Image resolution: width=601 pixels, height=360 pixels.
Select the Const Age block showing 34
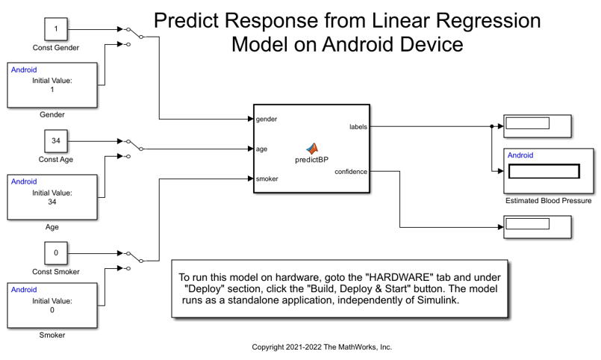coord(56,140)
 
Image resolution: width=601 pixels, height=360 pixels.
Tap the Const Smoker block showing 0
coord(56,252)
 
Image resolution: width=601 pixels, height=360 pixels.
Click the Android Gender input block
coord(52,84)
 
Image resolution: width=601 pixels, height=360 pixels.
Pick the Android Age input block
coord(52,196)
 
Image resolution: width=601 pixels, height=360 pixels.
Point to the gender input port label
coord(267,119)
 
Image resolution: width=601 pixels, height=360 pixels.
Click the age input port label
coord(262,149)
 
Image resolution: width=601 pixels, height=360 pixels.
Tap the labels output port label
coord(358,126)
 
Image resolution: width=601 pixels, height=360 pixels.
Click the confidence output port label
coord(351,172)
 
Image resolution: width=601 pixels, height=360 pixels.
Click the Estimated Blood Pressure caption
coord(548,201)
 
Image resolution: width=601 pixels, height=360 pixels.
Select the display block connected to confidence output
coord(538,226)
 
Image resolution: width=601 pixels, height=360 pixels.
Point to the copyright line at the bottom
coord(322,347)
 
